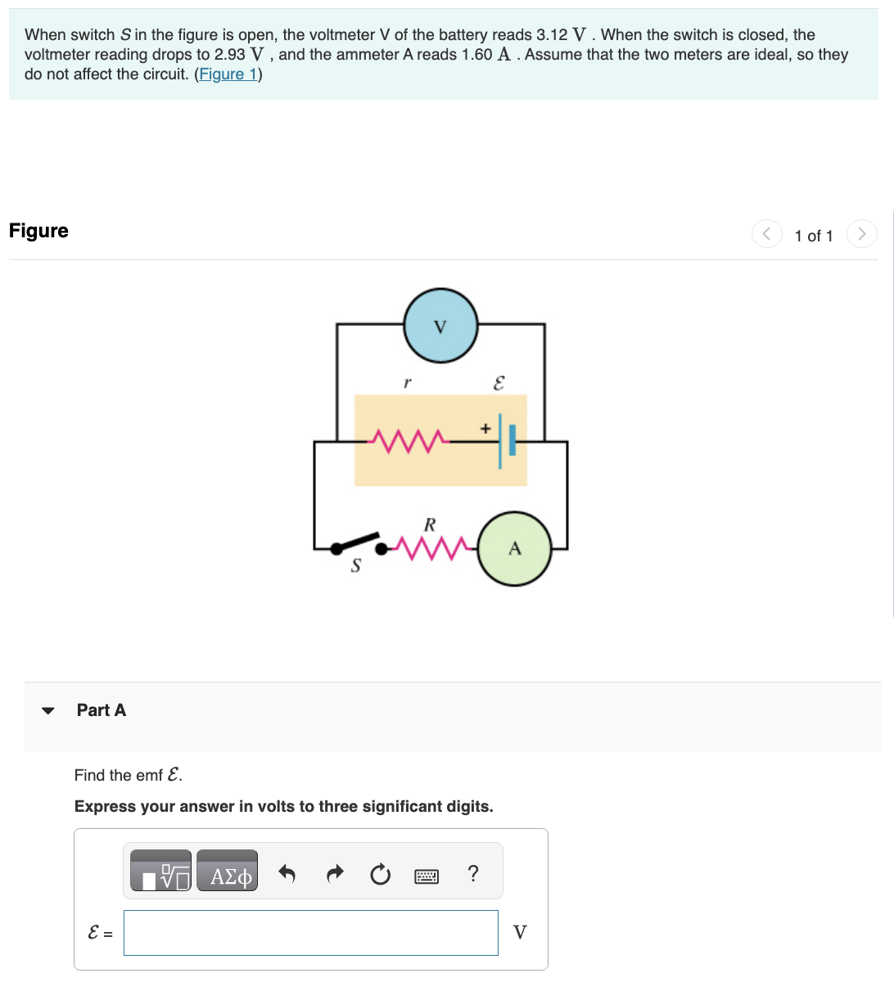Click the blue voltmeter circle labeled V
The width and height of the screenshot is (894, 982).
(x=440, y=326)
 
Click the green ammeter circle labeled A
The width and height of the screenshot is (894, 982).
(x=514, y=548)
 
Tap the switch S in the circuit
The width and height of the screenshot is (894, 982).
(x=357, y=543)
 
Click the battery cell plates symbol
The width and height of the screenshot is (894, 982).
(x=506, y=441)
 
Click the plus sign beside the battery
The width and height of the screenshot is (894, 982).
(x=485, y=427)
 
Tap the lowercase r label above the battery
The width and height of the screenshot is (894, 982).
(x=407, y=382)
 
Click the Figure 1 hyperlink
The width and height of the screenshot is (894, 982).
(x=228, y=74)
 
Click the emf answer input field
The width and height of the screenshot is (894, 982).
(x=311, y=933)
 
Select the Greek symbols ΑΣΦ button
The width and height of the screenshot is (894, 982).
(x=228, y=876)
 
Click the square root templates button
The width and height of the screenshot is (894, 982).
(x=161, y=876)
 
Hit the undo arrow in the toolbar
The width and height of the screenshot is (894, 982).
(x=287, y=875)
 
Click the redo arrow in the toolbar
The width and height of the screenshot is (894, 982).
(x=334, y=875)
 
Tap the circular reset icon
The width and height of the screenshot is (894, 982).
(x=380, y=876)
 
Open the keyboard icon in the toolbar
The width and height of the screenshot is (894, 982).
(x=427, y=876)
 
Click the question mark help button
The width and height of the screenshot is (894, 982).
(x=472, y=874)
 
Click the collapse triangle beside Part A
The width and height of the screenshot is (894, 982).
(x=48, y=710)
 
